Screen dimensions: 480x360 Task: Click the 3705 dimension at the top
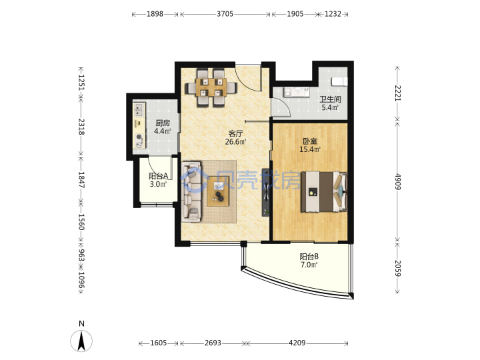[x=225, y=14]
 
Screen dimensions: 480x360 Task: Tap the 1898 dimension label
[x=155, y=14]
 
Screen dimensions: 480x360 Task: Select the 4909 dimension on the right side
[x=397, y=182]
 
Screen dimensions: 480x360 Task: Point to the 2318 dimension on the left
[x=81, y=127]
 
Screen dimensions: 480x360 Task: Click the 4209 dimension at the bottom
[x=297, y=343]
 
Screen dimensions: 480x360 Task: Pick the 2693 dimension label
[x=213, y=343]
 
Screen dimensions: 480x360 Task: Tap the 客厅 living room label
[x=236, y=133]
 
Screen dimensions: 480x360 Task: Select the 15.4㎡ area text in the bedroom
[x=310, y=149]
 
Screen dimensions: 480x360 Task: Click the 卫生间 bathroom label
[x=330, y=99]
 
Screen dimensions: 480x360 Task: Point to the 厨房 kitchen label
[x=163, y=123]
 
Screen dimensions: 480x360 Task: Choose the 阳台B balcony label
[x=309, y=257]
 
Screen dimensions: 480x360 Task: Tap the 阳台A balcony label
[x=158, y=176]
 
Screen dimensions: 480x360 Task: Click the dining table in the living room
[x=211, y=87]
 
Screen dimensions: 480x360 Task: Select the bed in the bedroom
[x=324, y=192]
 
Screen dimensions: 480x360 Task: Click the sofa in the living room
[x=191, y=191]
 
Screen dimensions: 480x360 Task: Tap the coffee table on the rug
[x=218, y=191]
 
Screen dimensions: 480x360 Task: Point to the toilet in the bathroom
[x=339, y=82]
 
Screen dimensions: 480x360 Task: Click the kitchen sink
[x=139, y=110]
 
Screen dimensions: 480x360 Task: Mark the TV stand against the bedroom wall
[x=266, y=192]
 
